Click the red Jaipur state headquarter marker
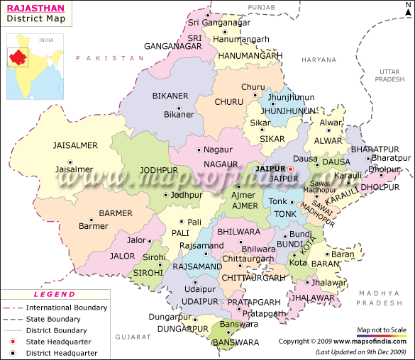(289, 169)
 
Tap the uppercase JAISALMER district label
(74, 145)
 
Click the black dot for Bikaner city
(179, 109)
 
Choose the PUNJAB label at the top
(262, 6)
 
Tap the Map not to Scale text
(382, 330)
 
